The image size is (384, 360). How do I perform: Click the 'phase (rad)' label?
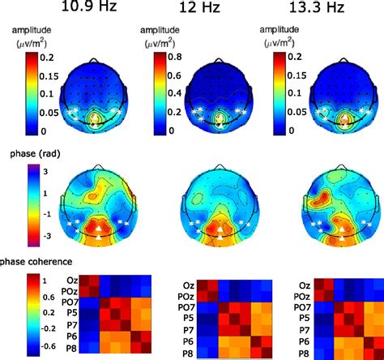(x=35, y=152)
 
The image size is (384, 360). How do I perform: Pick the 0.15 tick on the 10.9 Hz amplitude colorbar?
(x=49, y=76)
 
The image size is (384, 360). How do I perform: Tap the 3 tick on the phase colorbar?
(x=45, y=172)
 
